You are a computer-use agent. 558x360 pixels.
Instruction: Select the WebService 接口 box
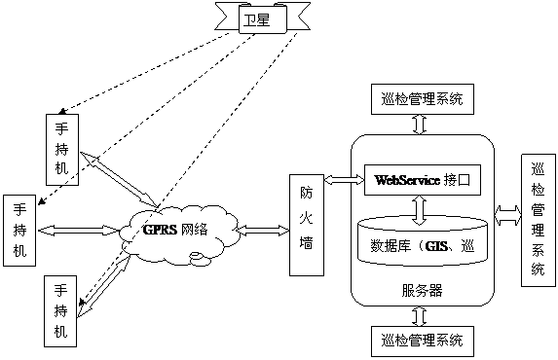tap(421, 180)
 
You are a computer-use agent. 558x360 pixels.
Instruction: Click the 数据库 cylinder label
tap(421, 244)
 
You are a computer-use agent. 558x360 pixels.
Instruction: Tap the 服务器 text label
tap(421, 290)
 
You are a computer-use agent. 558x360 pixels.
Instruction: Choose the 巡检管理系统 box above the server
tap(421, 98)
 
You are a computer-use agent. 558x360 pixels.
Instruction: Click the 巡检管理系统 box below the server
tap(421, 340)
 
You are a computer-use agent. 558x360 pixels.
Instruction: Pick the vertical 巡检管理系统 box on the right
tap(538, 218)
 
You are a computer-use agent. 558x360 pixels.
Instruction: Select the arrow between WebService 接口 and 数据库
tap(421, 206)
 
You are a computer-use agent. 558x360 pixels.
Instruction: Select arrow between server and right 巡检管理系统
tap(508, 212)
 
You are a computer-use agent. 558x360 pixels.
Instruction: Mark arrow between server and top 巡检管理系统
tap(421, 124)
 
